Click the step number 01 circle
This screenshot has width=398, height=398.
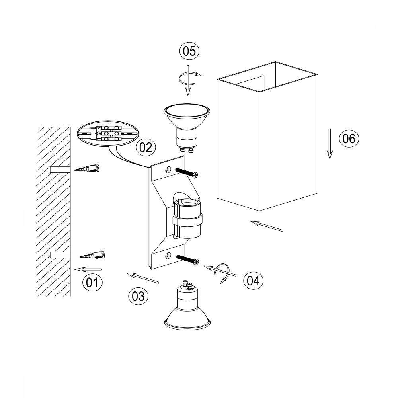[x=92, y=282]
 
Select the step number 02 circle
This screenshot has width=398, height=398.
[x=146, y=148]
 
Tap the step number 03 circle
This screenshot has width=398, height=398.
[x=139, y=296]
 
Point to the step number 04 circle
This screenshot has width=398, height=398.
[x=253, y=281]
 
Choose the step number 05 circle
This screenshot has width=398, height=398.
[x=189, y=51]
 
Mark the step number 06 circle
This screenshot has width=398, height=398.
[x=349, y=139]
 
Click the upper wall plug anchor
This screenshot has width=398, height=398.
[x=87, y=168]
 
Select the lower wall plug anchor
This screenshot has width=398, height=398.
[x=92, y=255]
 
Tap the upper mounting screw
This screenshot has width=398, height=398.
[x=186, y=172]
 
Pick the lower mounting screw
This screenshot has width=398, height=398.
[x=187, y=259]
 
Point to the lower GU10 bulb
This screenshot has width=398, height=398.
[x=187, y=305]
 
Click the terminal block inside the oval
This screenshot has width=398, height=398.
[x=111, y=133]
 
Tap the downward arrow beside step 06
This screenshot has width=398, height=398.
[x=330, y=144]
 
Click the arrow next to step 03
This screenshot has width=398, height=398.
[x=142, y=278]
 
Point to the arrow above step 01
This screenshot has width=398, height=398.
[x=88, y=269]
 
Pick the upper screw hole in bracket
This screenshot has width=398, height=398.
[x=168, y=170]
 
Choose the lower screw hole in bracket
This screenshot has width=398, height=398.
[x=168, y=255]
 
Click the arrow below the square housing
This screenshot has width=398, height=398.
[x=267, y=226]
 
